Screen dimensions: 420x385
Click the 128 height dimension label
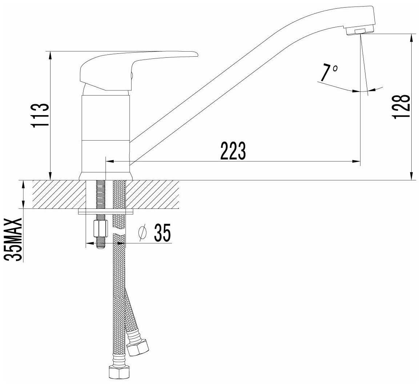point(401,106)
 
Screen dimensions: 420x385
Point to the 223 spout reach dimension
point(233,151)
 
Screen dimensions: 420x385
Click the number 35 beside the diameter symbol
point(162,232)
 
